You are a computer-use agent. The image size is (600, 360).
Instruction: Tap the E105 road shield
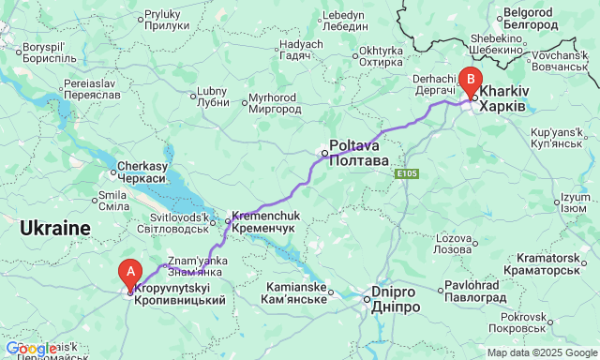point(406,174)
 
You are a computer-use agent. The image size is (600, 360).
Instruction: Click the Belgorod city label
point(532,19)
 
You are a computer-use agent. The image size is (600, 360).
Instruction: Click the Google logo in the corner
point(31,349)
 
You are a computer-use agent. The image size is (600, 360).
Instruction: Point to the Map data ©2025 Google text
point(541,352)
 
